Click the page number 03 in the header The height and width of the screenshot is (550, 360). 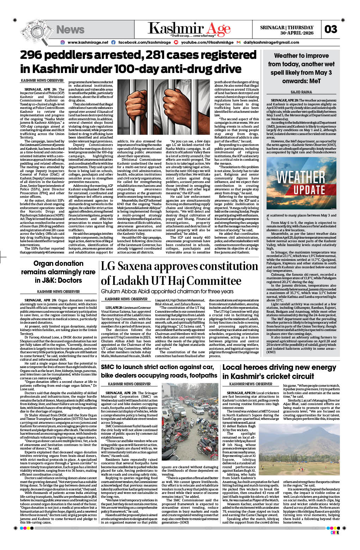point(330,29)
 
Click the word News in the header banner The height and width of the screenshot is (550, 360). point(70,30)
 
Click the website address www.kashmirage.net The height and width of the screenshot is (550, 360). point(88,42)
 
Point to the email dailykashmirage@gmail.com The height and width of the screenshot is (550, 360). point(271,42)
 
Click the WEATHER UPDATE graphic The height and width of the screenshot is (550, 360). point(301,183)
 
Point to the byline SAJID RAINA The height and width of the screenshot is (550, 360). point(301,92)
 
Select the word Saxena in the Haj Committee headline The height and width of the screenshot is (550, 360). point(141,266)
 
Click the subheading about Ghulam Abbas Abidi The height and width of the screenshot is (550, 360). point(167,291)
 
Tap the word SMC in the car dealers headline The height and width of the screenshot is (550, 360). point(109,367)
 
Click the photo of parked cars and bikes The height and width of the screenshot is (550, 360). point(190,424)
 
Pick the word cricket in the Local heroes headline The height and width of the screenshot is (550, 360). point(291,376)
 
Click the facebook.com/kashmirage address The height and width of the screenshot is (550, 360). point(144,42)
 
